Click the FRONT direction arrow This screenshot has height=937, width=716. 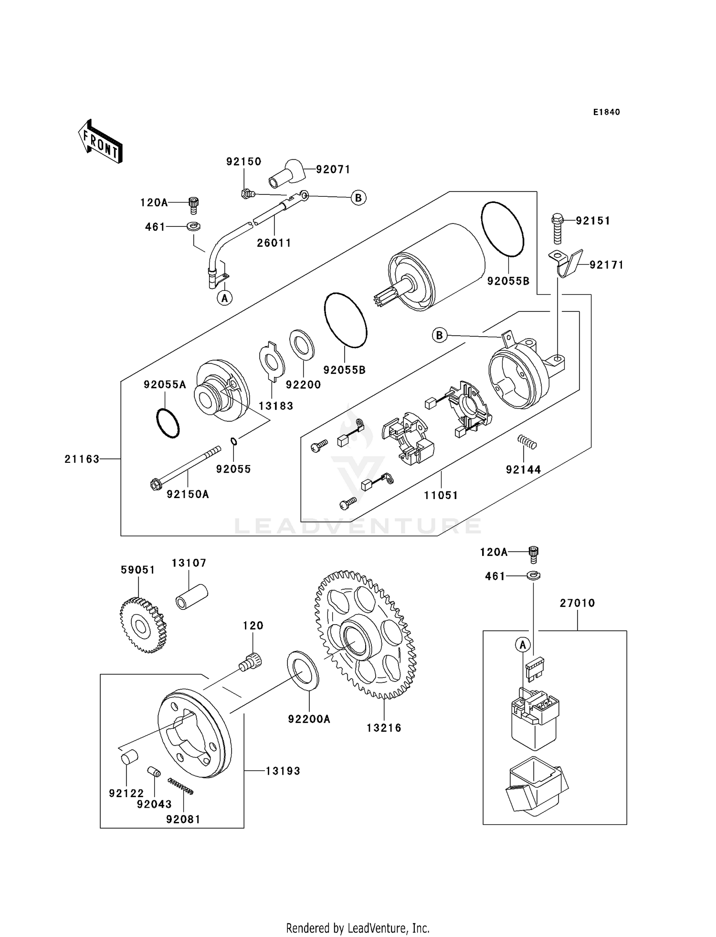coord(100,142)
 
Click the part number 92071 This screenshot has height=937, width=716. coord(333,170)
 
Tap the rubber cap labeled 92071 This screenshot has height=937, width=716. coord(286,175)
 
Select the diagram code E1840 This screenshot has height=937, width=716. coord(606,112)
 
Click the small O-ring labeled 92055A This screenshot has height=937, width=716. coord(168,423)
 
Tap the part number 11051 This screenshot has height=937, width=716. coord(441,495)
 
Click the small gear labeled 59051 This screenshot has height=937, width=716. coord(142,626)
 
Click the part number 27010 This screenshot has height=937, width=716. coord(577,603)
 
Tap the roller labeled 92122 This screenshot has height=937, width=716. coord(128,757)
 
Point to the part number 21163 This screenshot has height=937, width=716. coord(82,459)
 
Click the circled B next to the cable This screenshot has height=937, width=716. coord(358,197)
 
